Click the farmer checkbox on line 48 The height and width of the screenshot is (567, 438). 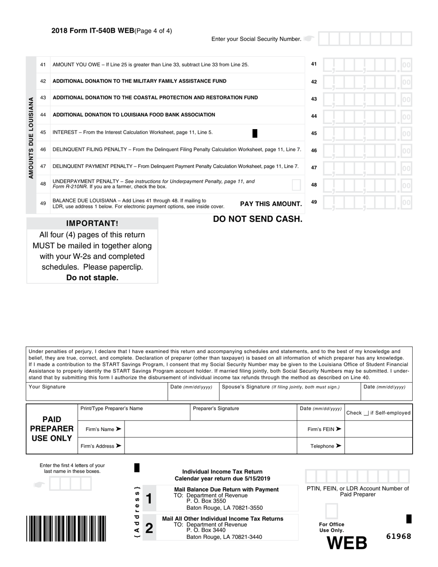[296, 185]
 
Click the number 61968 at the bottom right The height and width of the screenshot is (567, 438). [398, 537]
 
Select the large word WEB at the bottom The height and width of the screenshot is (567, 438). [347, 543]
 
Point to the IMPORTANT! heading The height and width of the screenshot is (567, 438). [92, 224]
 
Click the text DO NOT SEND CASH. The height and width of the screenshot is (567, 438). [258, 219]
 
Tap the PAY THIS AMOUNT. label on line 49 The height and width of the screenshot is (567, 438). [271, 204]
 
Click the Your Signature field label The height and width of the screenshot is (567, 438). [47, 387]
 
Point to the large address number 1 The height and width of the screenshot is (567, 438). [148, 499]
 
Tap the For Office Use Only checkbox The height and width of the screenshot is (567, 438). [331, 511]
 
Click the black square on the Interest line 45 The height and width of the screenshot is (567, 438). [255, 133]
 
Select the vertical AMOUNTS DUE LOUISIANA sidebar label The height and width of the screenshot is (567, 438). [31, 137]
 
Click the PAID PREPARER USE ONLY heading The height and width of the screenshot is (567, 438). [52, 429]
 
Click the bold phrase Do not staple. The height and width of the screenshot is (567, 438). [92, 278]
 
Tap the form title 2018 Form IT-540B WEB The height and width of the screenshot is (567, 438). [92, 31]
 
